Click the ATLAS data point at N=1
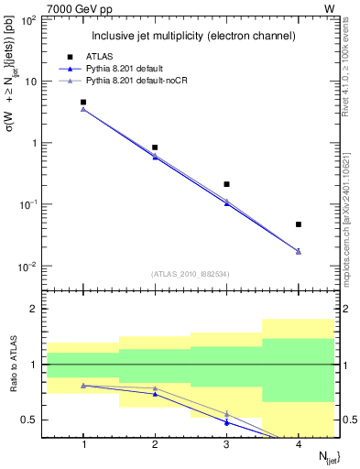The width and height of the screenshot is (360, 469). [83, 103]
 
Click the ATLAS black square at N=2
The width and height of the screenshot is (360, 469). [155, 147]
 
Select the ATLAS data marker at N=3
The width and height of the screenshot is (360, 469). [226, 184]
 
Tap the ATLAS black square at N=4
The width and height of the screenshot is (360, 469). [299, 224]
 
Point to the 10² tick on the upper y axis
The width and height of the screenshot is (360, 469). [28, 19]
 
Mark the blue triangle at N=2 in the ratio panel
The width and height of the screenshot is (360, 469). [155, 394]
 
